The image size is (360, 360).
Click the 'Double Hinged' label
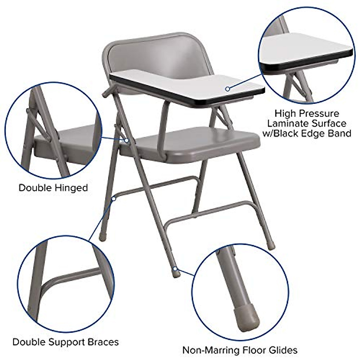tap(53, 188)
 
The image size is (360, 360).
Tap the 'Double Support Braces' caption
tap(65, 342)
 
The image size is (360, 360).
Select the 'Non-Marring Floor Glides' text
tap(240, 350)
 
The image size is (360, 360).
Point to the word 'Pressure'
tap(318, 114)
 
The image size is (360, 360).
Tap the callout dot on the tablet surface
tap(228, 88)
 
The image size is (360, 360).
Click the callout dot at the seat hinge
tap(127, 140)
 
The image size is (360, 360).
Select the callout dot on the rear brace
tap(114, 198)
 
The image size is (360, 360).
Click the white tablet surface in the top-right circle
tap(303, 45)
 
